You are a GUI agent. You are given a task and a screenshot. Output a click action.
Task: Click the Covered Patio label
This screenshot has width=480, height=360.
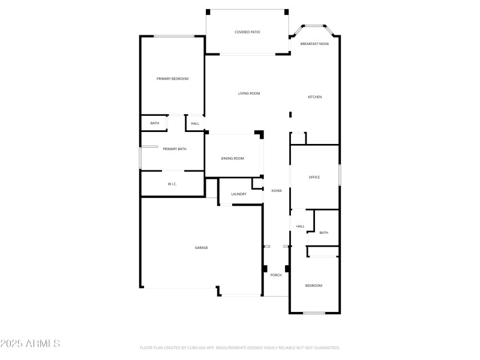pyautogui.click(x=247, y=32)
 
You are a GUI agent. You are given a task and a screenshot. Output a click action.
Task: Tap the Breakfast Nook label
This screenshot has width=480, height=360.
pyautogui.click(x=315, y=44)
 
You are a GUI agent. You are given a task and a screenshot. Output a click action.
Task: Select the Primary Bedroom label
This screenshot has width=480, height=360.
pyautogui.click(x=172, y=79)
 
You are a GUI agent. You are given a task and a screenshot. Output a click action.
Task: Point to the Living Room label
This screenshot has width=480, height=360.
pyautogui.click(x=249, y=93)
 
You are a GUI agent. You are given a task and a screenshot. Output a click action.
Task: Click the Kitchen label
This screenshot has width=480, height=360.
pyautogui.click(x=315, y=97)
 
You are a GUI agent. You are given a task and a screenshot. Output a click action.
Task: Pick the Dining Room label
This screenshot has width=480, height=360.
pyautogui.click(x=233, y=158)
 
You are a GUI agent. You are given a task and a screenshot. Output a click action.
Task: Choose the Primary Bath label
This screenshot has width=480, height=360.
pyautogui.click(x=175, y=149)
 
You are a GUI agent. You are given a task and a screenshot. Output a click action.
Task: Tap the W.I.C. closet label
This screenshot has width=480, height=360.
pyautogui.click(x=172, y=184)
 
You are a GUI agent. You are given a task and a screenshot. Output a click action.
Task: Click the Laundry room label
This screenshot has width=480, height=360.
pyautogui.click(x=239, y=194)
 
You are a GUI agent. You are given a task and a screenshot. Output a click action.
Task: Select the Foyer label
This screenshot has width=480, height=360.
pyautogui.click(x=277, y=190)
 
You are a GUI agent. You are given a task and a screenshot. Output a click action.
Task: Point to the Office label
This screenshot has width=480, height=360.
pyautogui.click(x=314, y=177)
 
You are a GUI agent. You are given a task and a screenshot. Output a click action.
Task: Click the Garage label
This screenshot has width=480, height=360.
pyautogui.click(x=201, y=247)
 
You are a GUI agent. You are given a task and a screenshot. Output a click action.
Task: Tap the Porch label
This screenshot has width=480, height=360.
pyautogui.click(x=276, y=275)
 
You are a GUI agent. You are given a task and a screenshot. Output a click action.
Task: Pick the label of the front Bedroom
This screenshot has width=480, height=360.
pyautogui.click(x=314, y=286)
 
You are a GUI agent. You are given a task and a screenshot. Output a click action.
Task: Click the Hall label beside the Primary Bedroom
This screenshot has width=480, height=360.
pyautogui.click(x=195, y=124)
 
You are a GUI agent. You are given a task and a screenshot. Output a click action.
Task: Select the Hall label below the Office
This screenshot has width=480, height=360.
pyautogui.click(x=300, y=226)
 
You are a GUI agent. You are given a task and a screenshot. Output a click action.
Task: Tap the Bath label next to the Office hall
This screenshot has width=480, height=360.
pyautogui.click(x=324, y=233)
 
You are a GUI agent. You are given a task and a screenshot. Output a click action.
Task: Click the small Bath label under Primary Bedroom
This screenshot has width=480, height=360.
pyautogui.click(x=155, y=124)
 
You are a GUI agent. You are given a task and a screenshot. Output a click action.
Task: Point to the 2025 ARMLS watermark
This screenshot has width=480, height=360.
pyautogui.click(x=30, y=344)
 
